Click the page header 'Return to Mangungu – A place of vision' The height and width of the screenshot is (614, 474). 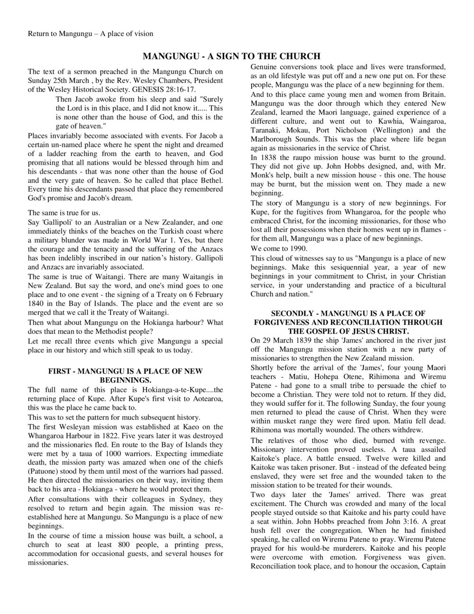91,34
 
